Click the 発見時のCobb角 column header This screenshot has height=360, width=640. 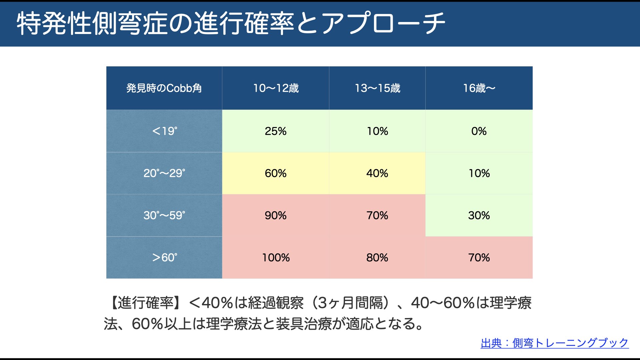tap(164, 88)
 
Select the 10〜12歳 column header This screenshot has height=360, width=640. tap(276, 88)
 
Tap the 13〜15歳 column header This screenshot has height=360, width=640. tap(377, 88)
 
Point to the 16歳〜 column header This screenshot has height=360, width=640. tap(479, 88)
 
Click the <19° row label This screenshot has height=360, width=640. tap(164, 131)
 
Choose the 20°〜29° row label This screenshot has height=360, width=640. tap(164, 173)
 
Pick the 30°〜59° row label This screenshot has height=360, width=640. tap(164, 215)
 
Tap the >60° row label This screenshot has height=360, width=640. tap(164, 258)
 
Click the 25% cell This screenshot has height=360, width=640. tap(276, 131)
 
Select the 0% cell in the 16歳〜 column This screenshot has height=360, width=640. tap(479, 131)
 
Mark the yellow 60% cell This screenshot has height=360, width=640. tap(276, 173)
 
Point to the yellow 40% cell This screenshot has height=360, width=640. tap(377, 173)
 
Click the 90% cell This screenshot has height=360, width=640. tap(276, 215)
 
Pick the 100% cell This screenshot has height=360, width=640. tap(276, 258)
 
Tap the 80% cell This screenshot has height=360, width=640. tap(377, 258)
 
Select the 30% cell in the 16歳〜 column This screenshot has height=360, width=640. tap(479, 215)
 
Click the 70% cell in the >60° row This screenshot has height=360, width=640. tap(479, 258)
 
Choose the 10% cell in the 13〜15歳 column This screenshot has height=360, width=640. tap(377, 131)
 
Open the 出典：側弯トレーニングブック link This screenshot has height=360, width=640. tap(555, 343)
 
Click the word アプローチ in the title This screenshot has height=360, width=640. tap(383, 23)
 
